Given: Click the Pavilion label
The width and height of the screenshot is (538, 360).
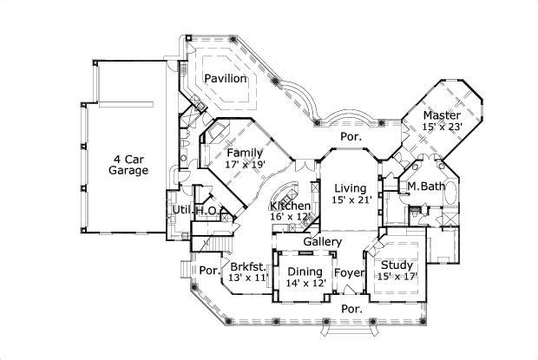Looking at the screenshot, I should [226, 79].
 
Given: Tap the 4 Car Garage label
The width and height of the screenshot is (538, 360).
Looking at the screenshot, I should [128, 164].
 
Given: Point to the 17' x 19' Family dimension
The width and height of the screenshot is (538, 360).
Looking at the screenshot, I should [245, 163].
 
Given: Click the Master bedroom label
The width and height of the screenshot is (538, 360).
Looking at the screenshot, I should [442, 115].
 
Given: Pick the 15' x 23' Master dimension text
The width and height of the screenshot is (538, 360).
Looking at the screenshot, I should [443, 127].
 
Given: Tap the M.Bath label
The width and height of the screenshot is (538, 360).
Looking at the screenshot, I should [426, 187].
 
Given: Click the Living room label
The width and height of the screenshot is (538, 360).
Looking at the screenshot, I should [350, 187].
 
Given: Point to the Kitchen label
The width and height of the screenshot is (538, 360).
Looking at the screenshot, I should [290, 206].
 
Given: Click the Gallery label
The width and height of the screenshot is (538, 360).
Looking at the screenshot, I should [322, 241].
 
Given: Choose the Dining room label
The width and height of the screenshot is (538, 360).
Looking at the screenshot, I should [305, 272].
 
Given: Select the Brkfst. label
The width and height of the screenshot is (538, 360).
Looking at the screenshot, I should [247, 266].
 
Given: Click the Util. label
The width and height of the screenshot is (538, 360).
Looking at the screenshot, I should [181, 210].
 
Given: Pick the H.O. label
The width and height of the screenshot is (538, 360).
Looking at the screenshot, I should [207, 211].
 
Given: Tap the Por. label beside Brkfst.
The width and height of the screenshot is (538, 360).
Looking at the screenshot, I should [209, 270].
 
